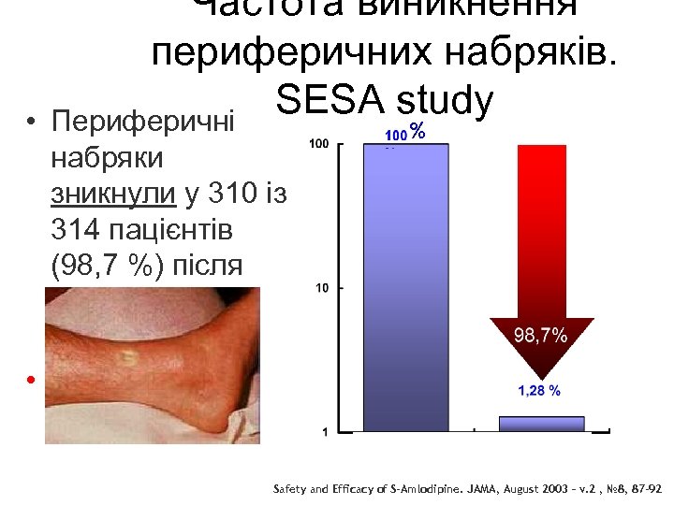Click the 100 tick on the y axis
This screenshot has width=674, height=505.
(x=318, y=144)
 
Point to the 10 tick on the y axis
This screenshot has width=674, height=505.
(x=322, y=288)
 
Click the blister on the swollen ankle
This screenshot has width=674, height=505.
(x=125, y=357)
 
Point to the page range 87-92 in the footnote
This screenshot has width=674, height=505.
(x=644, y=489)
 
